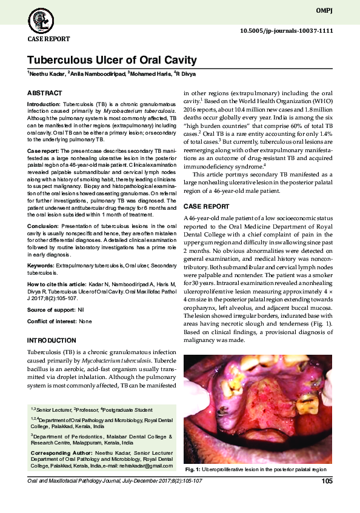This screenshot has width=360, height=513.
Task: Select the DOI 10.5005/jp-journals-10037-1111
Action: (x=287, y=30)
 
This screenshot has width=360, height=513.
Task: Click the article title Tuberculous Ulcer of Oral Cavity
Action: (x=112, y=60)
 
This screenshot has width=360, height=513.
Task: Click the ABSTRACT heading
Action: (x=45, y=93)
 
